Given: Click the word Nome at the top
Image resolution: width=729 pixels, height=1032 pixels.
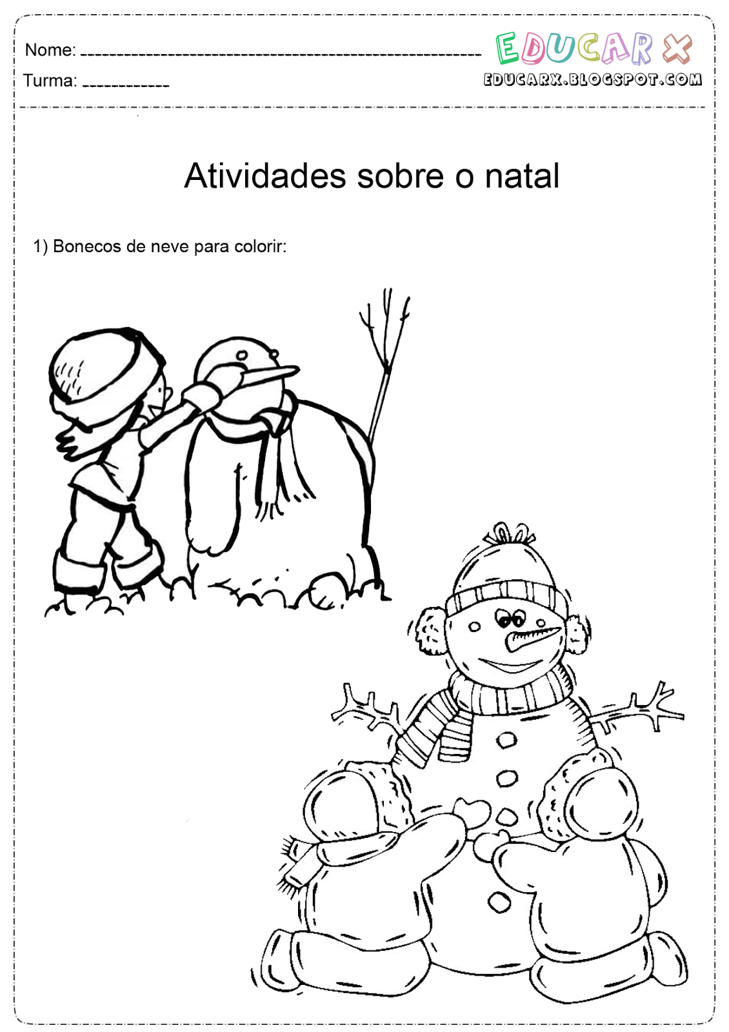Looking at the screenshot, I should [x=50, y=50].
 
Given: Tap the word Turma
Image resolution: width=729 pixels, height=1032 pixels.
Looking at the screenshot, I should [x=49, y=81].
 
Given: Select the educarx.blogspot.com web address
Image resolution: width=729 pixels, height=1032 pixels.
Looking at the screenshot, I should [x=592, y=79].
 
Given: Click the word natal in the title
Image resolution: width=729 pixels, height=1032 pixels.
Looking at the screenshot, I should [x=522, y=175].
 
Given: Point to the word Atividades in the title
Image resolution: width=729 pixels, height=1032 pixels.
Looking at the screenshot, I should [x=265, y=175].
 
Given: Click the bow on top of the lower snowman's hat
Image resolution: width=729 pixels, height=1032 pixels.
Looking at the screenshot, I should [x=509, y=534].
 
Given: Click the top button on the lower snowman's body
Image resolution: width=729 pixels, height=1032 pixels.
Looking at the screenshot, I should [x=506, y=740].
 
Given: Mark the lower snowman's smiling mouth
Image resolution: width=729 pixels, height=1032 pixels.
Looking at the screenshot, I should [x=510, y=664].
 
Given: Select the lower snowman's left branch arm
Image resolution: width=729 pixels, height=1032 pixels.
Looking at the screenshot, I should [x=368, y=709].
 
